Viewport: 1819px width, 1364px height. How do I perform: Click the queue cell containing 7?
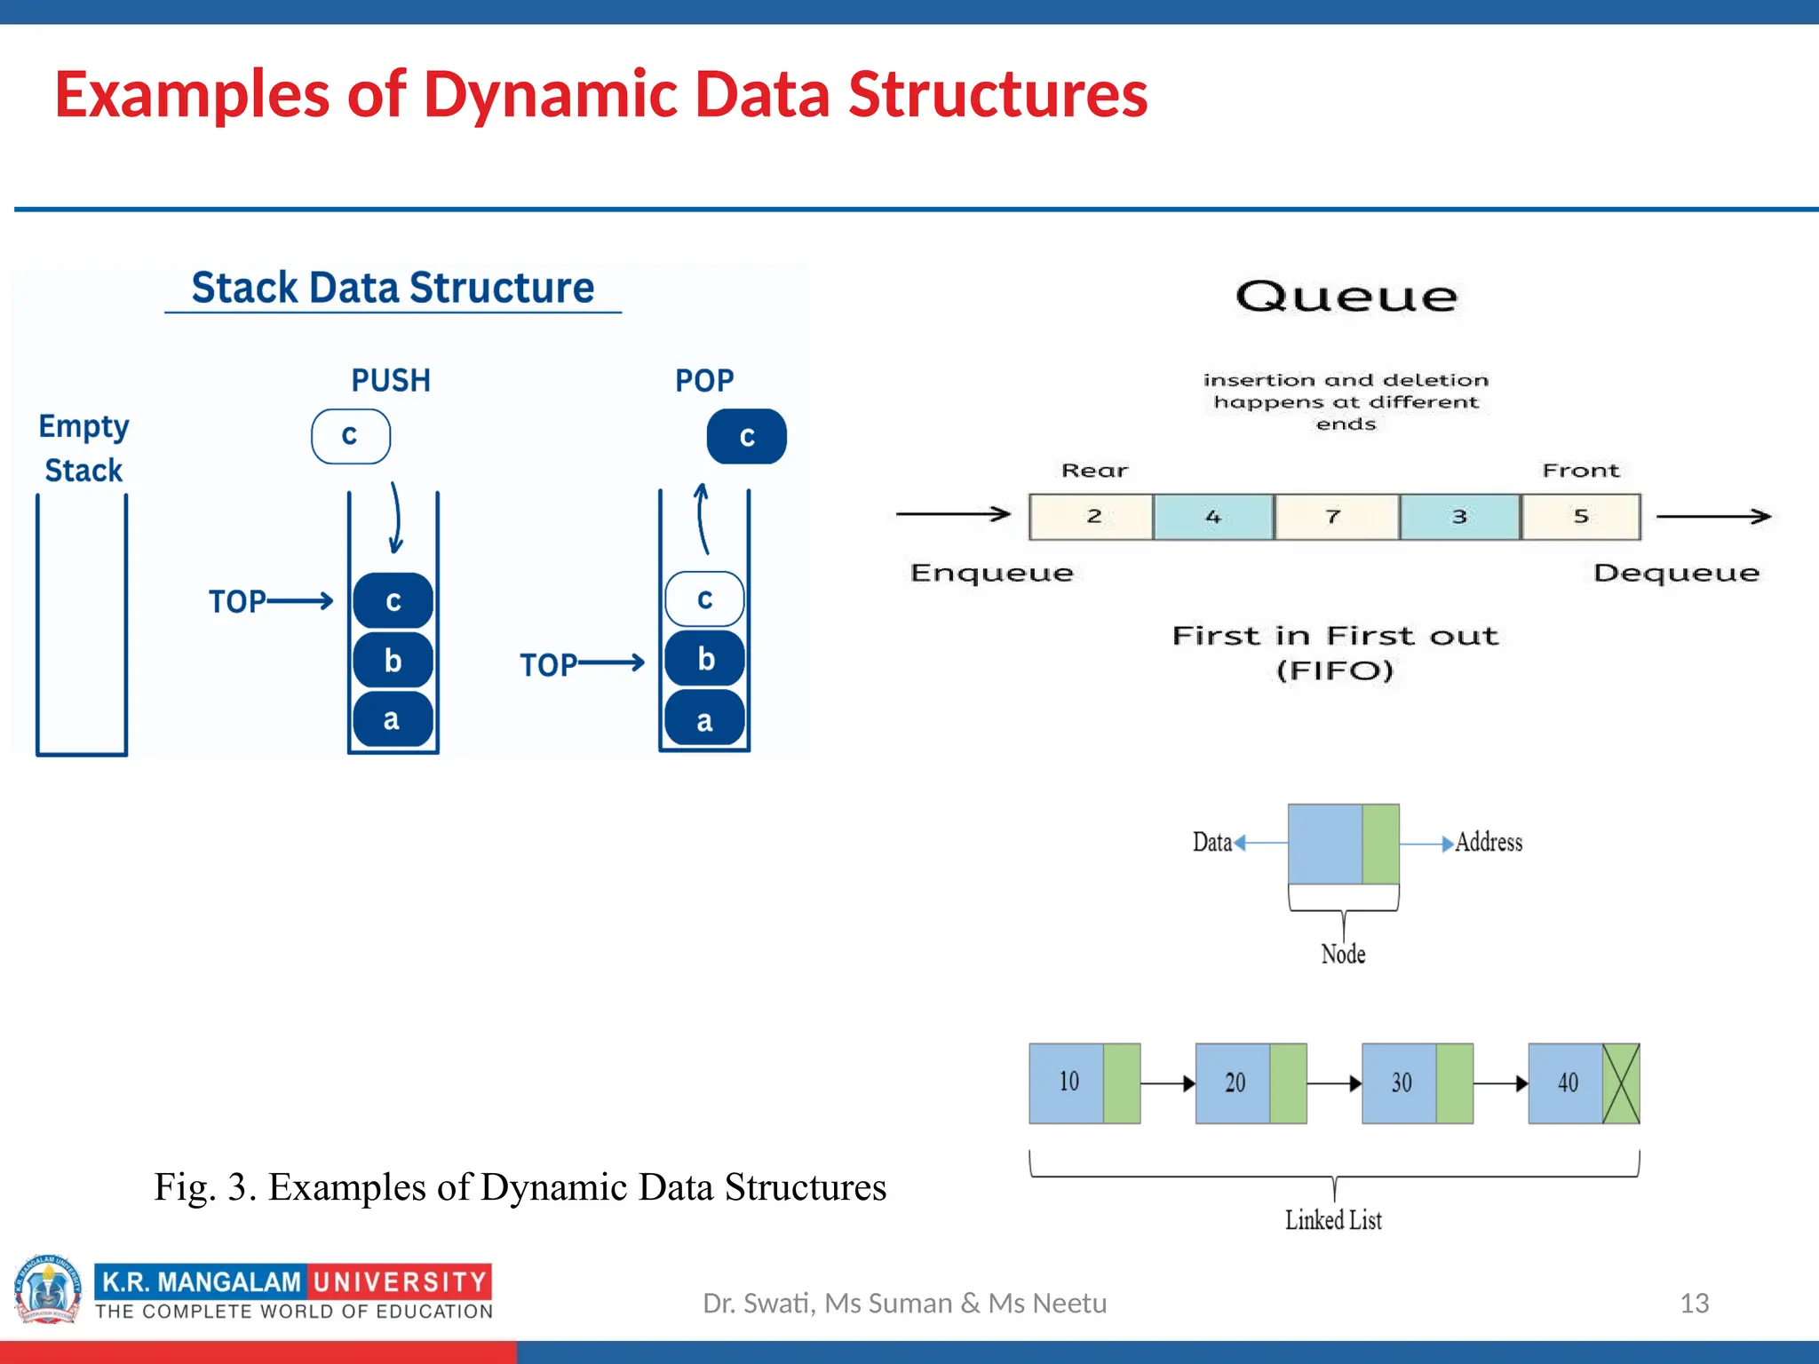point(1335,517)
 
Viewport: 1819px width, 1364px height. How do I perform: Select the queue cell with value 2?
point(1092,517)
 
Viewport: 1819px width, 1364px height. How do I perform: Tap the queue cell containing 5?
point(1580,517)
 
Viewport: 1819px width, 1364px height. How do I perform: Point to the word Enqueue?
point(991,573)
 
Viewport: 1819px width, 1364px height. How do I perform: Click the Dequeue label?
point(1675,573)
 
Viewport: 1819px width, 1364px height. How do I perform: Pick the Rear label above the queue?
point(1094,471)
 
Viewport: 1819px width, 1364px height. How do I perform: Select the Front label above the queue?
point(1580,471)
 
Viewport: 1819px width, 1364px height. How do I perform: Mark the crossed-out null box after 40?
point(1621,1082)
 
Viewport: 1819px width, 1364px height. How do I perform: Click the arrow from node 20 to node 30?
point(1334,1083)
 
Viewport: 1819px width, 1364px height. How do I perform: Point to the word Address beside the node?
point(1489,842)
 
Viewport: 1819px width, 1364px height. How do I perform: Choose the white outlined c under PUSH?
point(350,436)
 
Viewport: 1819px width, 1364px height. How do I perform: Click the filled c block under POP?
point(746,436)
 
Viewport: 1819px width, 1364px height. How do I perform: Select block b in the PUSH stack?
point(393,660)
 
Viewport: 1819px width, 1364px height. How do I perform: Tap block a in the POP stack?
point(703,720)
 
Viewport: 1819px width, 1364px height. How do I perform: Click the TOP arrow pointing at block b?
point(610,662)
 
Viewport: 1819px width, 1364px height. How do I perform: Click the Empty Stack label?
point(83,448)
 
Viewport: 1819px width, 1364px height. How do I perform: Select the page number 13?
point(1694,1303)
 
